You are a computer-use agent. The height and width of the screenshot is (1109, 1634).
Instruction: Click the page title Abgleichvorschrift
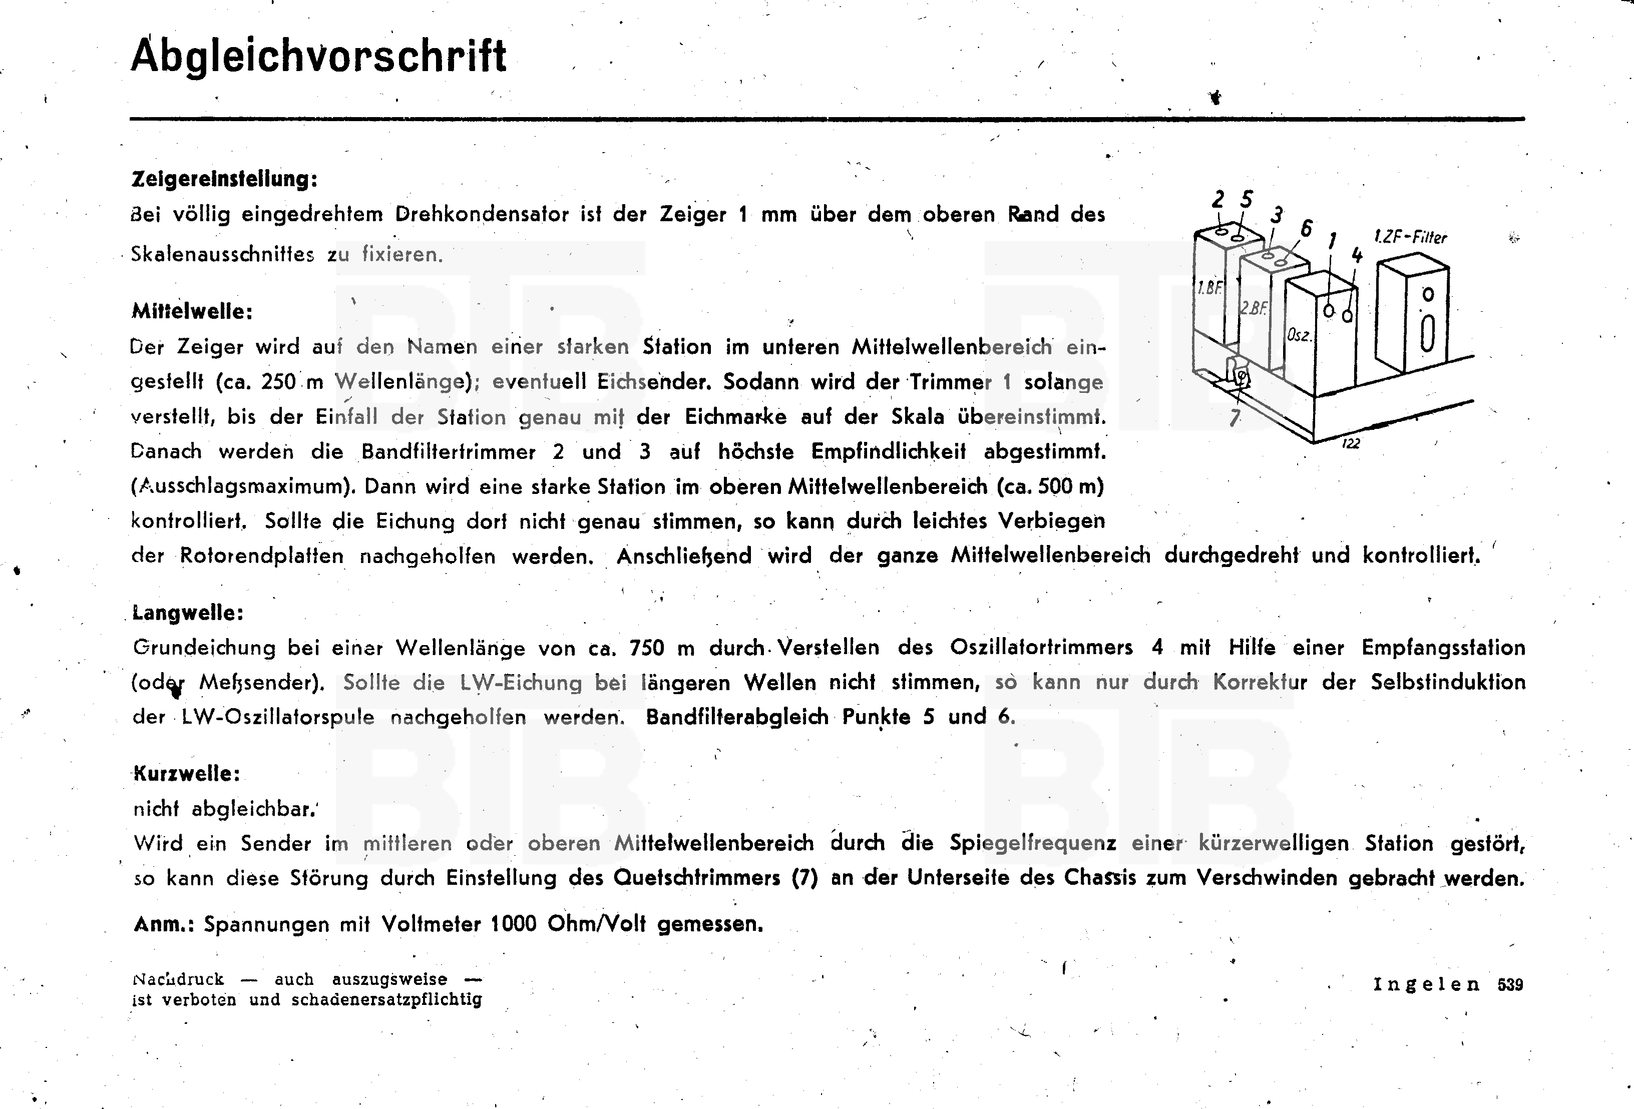click(x=318, y=56)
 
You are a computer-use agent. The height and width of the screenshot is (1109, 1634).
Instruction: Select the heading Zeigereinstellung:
click(x=224, y=179)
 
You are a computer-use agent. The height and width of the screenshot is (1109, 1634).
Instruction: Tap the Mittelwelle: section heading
click(x=192, y=311)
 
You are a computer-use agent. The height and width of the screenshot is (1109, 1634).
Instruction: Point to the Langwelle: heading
click(x=188, y=613)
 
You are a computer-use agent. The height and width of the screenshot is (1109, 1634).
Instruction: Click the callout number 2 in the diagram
click(x=1218, y=200)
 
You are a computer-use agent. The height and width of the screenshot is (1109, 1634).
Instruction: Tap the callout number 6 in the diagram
click(x=1306, y=228)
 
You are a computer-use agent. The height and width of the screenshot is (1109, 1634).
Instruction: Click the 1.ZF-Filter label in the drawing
click(x=1410, y=237)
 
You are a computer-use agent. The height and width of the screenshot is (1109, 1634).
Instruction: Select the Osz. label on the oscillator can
click(x=1299, y=335)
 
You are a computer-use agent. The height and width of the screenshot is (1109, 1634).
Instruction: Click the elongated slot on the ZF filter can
click(x=1427, y=334)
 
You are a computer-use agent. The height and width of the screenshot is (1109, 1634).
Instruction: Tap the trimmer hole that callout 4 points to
click(x=1347, y=316)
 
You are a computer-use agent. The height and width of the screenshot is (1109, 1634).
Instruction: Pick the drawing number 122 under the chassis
click(x=1351, y=443)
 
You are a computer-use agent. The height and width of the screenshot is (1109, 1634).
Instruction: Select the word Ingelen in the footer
click(x=1427, y=984)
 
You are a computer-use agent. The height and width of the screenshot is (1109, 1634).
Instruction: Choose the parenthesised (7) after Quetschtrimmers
click(x=805, y=878)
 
